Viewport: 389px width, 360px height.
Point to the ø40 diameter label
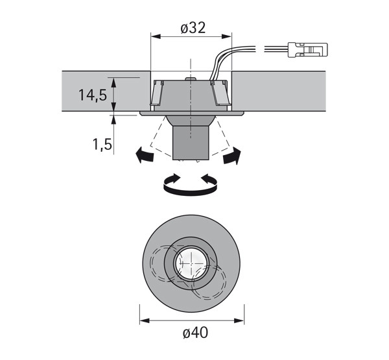(x=194, y=333)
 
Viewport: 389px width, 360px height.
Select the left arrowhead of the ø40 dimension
(x=144, y=320)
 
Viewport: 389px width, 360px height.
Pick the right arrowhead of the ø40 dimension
(x=242, y=320)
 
